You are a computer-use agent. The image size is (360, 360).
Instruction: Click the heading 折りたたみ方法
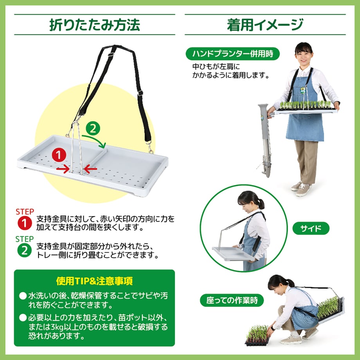pyautogui.click(x=95, y=25)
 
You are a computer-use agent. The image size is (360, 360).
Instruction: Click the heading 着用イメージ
pyautogui.click(x=265, y=25)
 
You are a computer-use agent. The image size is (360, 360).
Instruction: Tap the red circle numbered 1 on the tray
pyautogui.click(x=59, y=155)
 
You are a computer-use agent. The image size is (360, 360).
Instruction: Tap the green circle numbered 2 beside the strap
pyautogui.click(x=93, y=128)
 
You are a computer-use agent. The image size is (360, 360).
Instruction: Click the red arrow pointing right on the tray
pyautogui.click(x=63, y=169)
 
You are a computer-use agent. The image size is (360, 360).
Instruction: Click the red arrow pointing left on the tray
pyautogui.click(x=90, y=169)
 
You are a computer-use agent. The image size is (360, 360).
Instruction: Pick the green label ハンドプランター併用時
pyautogui.click(x=232, y=54)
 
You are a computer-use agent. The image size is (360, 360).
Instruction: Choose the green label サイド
pyautogui.click(x=311, y=228)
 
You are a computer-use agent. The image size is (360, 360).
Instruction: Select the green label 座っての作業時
pyautogui.click(x=232, y=300)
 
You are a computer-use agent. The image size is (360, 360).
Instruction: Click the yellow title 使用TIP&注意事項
pyautogui.click(x=94, y=281)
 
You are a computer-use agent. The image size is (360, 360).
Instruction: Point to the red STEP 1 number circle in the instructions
pyautogui.click(x=25, y=223)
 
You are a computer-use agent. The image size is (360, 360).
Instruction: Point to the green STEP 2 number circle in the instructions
pyautogui.click(x=25, y=250)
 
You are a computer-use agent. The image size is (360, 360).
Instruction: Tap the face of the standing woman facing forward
pyautogui.click(x=304, y=57)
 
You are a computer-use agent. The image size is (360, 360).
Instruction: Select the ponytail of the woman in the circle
pyautogui.click(x=261, y=204)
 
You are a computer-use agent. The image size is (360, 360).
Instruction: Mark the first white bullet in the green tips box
pyautogui.click(x=23, y=296)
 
